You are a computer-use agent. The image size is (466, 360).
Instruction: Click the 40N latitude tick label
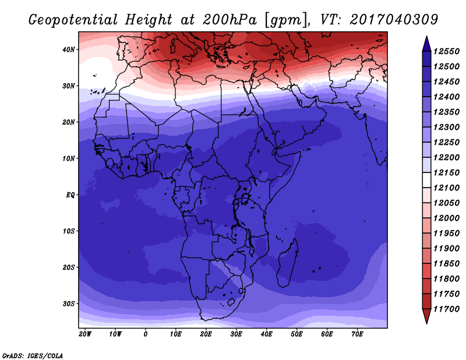[68, 50]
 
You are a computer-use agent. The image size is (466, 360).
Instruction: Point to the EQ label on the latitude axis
[70, 195]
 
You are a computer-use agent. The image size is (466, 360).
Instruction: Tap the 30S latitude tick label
[69, 304]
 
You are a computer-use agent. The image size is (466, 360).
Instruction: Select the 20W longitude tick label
[85, 334]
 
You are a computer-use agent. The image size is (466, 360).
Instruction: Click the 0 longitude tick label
[145, 334]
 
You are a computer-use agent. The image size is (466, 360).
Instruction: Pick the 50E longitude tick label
[296, 334]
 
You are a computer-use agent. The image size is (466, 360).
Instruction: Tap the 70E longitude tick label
[357, 334]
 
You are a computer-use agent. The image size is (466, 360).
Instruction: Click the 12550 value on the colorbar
[446, 51]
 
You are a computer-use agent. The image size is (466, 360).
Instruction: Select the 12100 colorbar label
[446, 188]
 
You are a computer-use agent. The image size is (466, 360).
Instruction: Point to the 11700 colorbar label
[446, 309]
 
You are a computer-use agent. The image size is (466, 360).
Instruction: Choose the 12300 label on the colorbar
[446, 127]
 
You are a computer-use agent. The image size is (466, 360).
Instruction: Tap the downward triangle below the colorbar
[426, 316]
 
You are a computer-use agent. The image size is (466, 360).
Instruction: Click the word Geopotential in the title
[73, 20]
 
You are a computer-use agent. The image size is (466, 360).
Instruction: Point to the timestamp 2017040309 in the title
[394, 20]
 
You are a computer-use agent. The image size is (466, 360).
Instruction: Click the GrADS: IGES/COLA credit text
[33, 356]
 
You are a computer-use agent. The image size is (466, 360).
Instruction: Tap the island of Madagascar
[287, 264]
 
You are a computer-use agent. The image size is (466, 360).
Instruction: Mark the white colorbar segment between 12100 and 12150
[426, 180]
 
